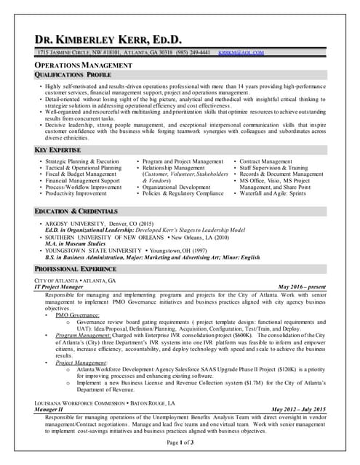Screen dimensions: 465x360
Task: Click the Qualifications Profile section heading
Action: (73, 76)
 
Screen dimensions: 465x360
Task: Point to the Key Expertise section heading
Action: (59, 150)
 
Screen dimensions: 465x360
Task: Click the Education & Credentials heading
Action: (76, 211)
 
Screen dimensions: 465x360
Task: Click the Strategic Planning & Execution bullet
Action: (82, 161)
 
